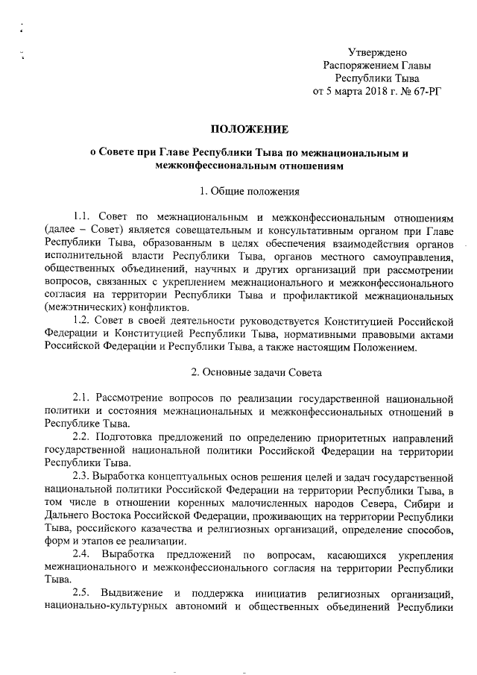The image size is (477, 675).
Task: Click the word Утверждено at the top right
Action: tap(378, 52)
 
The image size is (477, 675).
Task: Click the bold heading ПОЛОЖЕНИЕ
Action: tap(245, 130)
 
